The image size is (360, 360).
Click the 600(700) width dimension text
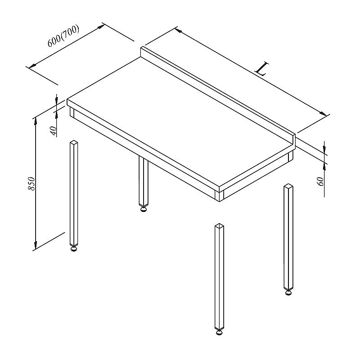63,36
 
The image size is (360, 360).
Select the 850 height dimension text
31,184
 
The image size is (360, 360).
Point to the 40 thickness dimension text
53,131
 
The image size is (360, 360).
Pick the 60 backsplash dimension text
320,181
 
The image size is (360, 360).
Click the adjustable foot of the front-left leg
74,248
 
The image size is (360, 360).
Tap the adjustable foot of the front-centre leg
219,332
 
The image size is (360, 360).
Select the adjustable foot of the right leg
288,292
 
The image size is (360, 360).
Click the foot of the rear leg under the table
143,209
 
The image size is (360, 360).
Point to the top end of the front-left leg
74,142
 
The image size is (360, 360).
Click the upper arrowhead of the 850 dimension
36,121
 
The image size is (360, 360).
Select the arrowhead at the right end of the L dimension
323,114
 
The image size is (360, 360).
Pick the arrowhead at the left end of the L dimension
179,31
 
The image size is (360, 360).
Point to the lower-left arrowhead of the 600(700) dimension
32,66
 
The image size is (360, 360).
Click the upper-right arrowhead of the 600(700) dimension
101,27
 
